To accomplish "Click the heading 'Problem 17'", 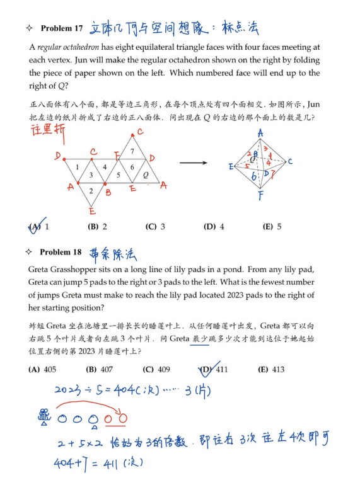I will coord(61,28).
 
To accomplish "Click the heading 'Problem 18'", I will coord(61,252).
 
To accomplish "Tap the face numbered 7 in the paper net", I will coord(132,152).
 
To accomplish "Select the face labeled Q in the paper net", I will coord(146,174).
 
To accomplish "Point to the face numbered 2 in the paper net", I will coord(91,190).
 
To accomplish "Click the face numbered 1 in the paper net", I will coord(78,167).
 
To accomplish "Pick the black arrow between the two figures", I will coord(193,163).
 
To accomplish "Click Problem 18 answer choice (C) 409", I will coord(156,370).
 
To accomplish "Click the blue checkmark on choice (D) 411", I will coord(206,368).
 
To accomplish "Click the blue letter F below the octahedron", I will coord(260,196).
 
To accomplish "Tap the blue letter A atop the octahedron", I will coord(260,133).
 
